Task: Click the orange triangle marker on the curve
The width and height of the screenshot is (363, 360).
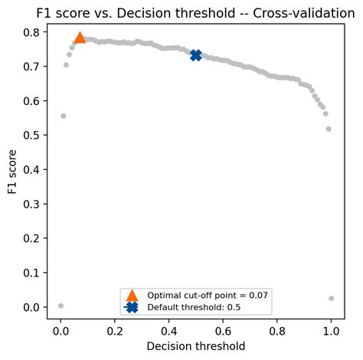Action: [x=80, y=38]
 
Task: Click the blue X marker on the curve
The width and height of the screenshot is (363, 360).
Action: [x=196, y=55]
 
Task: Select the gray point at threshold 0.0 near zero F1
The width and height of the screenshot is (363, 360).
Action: [x=60, y=306]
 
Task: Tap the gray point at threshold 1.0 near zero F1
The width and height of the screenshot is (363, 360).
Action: [x=331, y=298]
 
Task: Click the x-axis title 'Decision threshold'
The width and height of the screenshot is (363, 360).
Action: [x=196, y=346]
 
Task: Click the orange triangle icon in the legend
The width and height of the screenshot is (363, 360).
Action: [x=131, y=295]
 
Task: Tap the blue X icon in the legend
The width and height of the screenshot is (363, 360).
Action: [x=131, y=306]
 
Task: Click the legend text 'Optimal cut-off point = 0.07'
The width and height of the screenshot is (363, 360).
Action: [x=208, y=295]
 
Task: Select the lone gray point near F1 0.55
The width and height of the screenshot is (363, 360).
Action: [x=63, y=116]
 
